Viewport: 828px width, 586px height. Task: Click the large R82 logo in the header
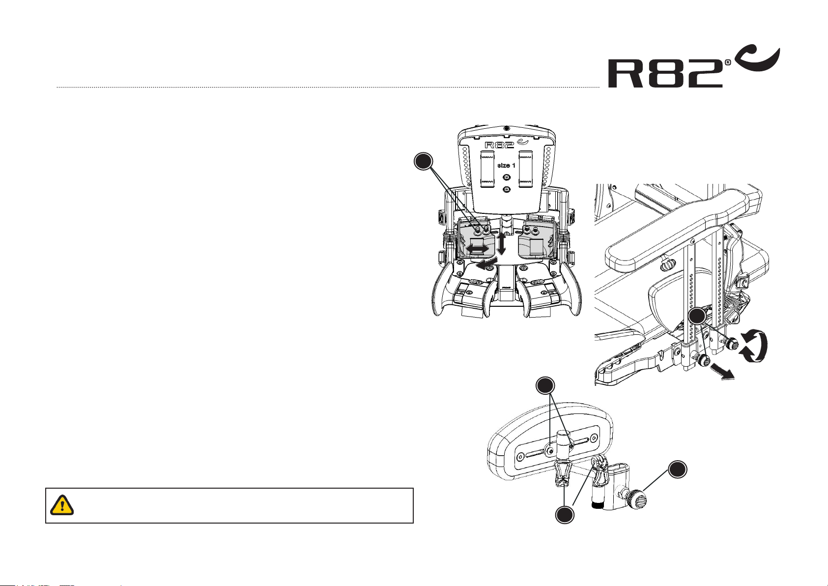click(694, 68)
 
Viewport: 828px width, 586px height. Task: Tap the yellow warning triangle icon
click(62, 505)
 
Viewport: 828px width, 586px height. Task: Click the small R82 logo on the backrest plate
click(506, 144)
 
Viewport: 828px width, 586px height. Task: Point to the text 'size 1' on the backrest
click(506, 165)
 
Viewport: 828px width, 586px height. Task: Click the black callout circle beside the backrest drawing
click(424, 161)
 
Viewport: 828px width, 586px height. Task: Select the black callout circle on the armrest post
click(697, 317)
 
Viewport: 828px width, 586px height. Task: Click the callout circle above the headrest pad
click(545, 386)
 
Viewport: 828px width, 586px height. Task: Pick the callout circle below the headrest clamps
click(565, 515)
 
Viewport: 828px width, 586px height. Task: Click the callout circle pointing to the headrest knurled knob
click(678, 469)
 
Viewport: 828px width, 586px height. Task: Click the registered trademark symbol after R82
click(728, 62)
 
